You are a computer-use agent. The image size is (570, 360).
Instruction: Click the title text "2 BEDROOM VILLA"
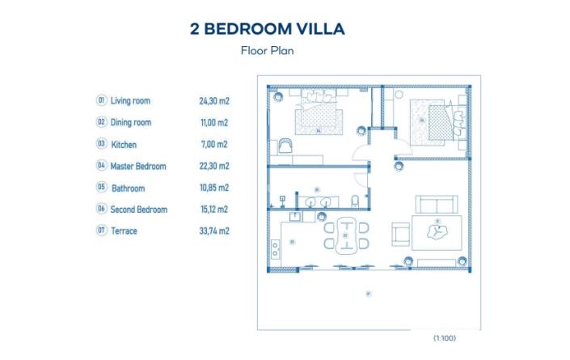point(267,29)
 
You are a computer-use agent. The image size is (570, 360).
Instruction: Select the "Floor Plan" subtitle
point(267,50)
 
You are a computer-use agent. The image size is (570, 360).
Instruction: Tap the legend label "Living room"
point(130,101)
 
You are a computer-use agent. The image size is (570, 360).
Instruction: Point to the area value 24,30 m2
point(214,101)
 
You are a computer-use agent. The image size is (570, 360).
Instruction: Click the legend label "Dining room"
point(131,123)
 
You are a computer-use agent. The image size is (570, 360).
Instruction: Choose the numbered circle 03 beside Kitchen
point(102,144)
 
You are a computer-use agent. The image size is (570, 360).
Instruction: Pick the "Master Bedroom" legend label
point(138,166)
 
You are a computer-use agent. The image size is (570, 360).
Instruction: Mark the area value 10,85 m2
point(214,188)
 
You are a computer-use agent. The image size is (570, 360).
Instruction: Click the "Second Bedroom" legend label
point(139,210)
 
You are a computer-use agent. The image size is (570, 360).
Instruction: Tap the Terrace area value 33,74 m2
point(214,231)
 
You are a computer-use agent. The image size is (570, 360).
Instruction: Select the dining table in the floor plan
point(348,236)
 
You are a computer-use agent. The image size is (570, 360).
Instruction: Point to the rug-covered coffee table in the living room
point(437,233)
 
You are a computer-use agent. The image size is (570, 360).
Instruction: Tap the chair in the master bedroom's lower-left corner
point(284,147)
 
